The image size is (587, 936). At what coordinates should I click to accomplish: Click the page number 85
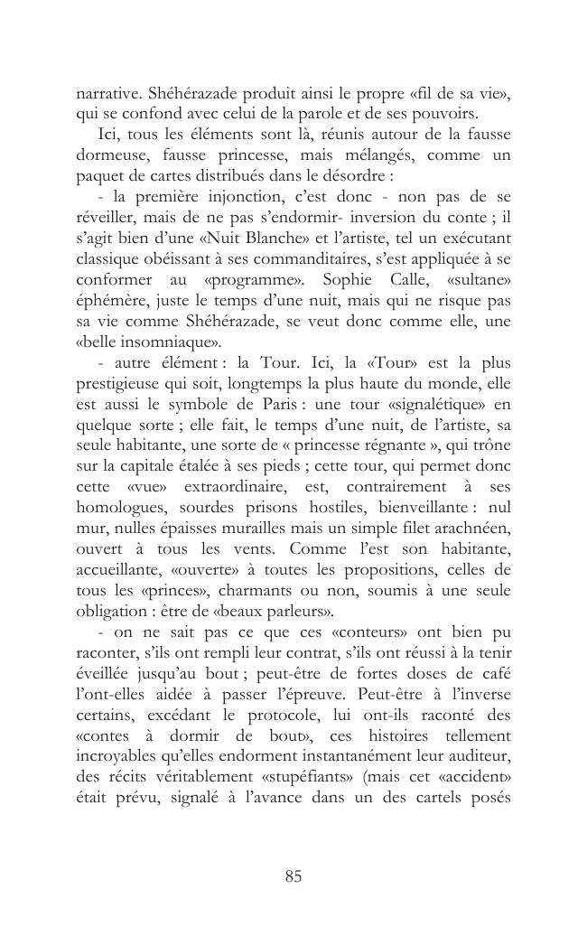[293, 875]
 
